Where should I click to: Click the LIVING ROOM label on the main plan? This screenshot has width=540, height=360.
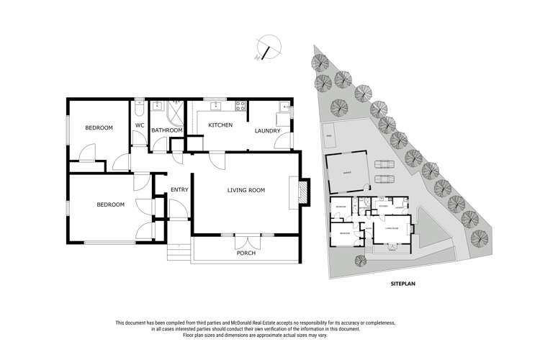coord(246,190)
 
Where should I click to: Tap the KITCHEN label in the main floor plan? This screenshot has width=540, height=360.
coord(220,125)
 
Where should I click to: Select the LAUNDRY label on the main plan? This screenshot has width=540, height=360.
coord(267,130)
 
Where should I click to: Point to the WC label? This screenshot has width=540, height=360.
coord(140,125)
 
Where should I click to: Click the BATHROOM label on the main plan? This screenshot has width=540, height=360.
coord(166,130)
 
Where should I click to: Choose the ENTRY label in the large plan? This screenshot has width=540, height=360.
coord(179,190)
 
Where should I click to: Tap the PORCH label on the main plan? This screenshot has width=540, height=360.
coord(246,253)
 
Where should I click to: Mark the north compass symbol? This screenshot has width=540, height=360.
coord(266,48)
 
